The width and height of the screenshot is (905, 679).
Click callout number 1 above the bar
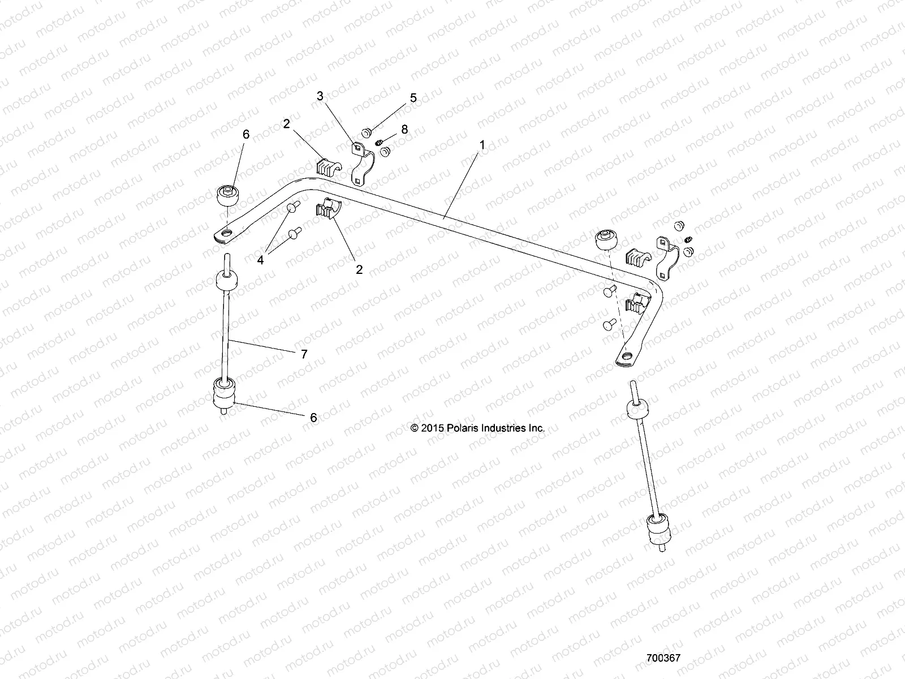pyautogui.click(x=482, y=145)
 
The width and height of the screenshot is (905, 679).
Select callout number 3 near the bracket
pyautogui.click(x=320, y=96)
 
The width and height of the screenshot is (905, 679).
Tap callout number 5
pyautogui.click(x=413, y=98)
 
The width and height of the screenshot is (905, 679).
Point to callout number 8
pyautogui.click(x=420, y=130)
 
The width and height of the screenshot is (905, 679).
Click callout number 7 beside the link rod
pyautogui.click(x=304, y=354)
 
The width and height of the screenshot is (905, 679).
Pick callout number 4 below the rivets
pyautogui.click(x=261, y=260)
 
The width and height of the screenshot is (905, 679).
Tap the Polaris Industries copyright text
pyautogui.click(x=478, y=428)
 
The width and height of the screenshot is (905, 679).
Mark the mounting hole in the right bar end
pyautogui.click(x=627, y=356)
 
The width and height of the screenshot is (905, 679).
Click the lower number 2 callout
pyautogui.click(x=359, y=269)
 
